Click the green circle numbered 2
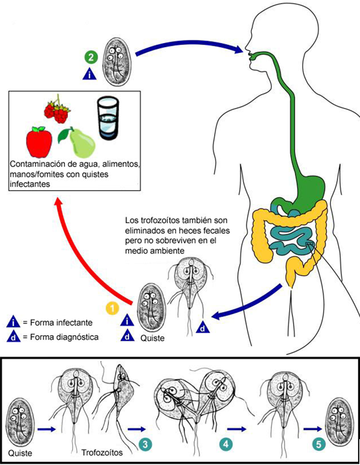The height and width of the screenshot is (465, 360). click(91, 57)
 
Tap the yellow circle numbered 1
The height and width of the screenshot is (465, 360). click(113, 309)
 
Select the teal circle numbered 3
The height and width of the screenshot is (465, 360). click(145, 444)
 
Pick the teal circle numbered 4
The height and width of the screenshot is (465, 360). click(226, 444)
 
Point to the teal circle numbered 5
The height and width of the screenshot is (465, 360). click(318, 444)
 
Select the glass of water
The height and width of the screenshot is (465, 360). click(107, 118)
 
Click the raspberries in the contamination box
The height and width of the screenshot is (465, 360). click(57, 111)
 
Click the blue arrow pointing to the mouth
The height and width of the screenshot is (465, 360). click(190, 45)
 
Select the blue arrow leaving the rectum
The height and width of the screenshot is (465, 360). click(248, 303)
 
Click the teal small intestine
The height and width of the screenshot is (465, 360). click(291, 237)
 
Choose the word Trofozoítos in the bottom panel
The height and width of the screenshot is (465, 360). click(102, 452)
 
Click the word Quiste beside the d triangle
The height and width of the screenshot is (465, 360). click(152, 338)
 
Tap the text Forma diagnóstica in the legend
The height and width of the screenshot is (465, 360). click(64, 337)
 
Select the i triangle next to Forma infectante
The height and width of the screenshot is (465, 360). click(13, 322)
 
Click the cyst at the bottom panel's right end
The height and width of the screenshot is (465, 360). click(340, 422)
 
